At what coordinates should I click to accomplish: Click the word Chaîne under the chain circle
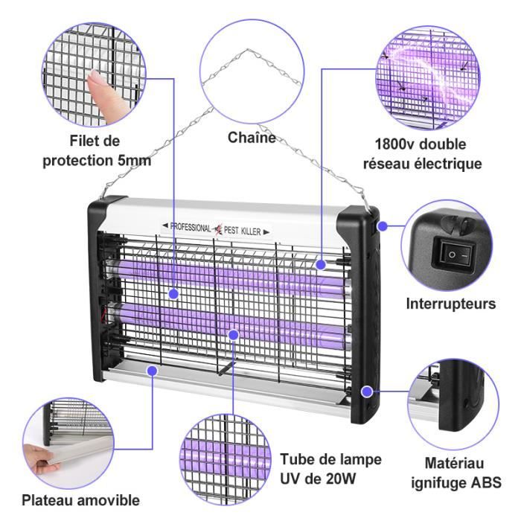[252, 138]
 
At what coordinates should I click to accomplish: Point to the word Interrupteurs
[451, 304]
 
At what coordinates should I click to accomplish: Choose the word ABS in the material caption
[487, 482]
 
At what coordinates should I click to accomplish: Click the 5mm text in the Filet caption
[135, 161]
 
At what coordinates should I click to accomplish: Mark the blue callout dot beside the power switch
[383, 226]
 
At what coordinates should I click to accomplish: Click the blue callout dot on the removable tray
[152, 371]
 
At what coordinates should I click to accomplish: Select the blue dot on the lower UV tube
[234, 335]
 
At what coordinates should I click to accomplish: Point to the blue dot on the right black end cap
[367, 391]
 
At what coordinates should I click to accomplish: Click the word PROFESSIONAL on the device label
[191, 227]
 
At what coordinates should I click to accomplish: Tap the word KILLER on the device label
[252, 231]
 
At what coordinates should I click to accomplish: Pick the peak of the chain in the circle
[248, 50]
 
